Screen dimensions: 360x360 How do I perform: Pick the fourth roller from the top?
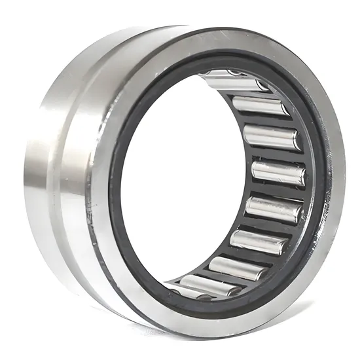coord(279,172)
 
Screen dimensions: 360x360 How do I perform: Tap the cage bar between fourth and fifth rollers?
coord(278,191)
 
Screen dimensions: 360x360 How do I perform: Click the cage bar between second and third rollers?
coord(265,120)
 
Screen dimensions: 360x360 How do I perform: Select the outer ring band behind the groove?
coord(39,164)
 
